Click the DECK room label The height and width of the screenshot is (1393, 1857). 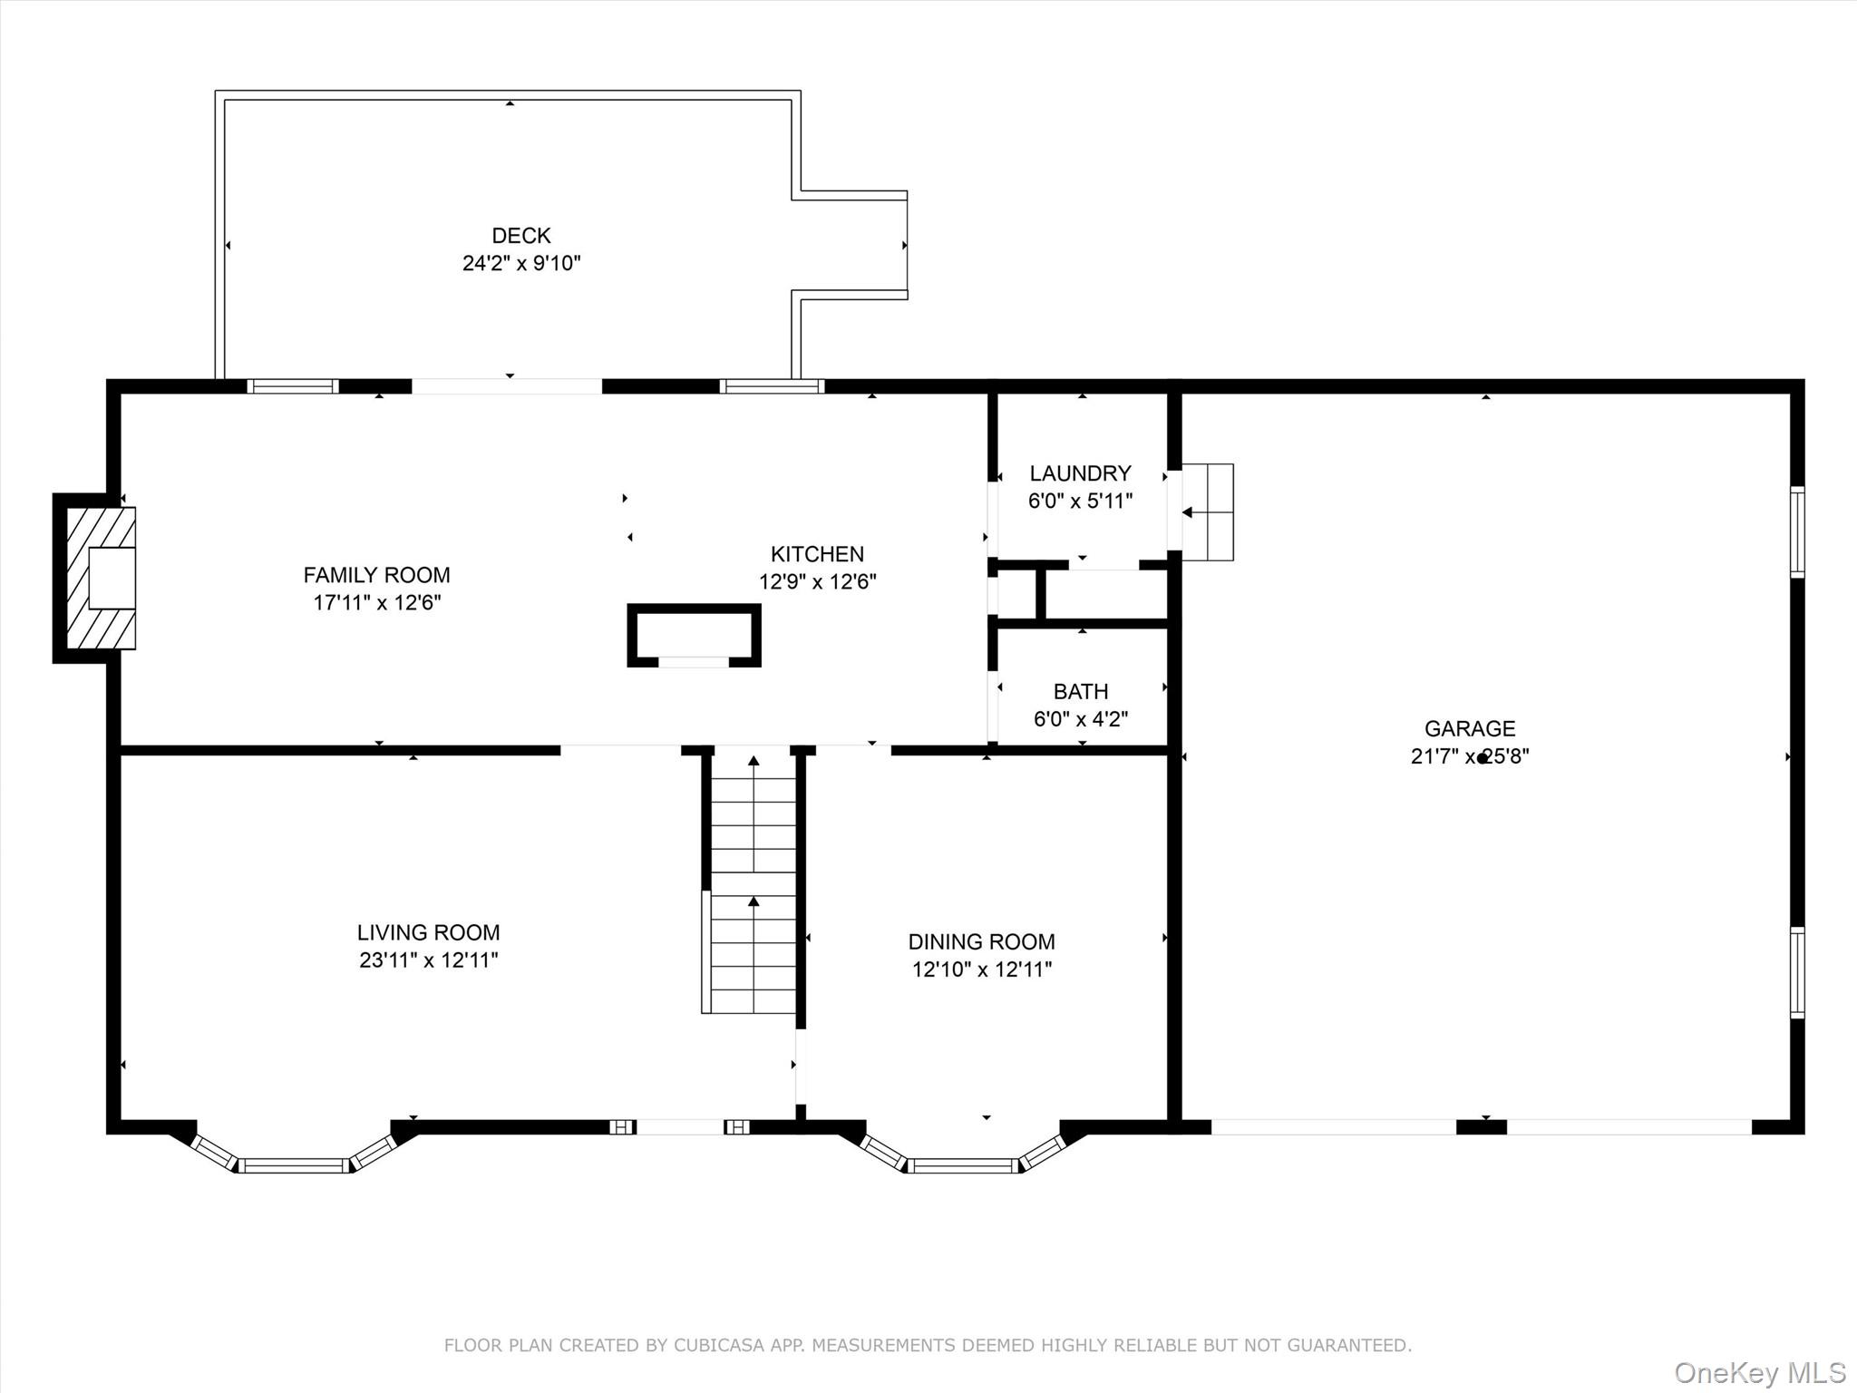(x=521, y=236)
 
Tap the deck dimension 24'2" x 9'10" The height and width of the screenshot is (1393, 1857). (x=521, y=264)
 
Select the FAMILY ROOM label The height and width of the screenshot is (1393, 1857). (x=376, y=575)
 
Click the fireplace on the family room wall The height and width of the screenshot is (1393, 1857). (x=95, y=578)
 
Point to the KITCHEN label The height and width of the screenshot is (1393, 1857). (x=817, y=554)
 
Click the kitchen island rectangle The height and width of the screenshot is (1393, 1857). (x=694, y=636)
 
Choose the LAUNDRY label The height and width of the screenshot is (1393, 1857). (x=1080, y=473)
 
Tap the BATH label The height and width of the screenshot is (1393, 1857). (x=1081, y=692)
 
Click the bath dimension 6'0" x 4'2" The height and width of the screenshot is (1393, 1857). (x=1081, y=720)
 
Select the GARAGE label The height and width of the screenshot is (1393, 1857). (x=1470, y=728)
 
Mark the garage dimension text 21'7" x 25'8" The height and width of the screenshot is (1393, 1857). (x=1470, y=756)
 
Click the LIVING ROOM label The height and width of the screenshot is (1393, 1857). (x=428, y=932)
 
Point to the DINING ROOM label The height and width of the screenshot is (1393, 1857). (x=982, y=941)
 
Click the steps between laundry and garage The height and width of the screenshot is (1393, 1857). (x=1208, y=512)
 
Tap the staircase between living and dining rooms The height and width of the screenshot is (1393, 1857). (x=753, y=883)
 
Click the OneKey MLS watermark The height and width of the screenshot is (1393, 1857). (x=1760, y=1372)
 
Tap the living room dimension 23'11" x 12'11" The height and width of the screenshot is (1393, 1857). (x=428, y=960)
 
